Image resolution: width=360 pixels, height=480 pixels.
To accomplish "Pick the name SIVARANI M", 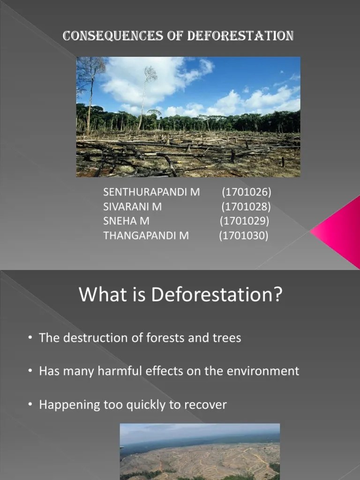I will pyautogui.click(x=133, y=206).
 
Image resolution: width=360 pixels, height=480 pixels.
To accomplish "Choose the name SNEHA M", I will pyautogui.click(x=127, y=221).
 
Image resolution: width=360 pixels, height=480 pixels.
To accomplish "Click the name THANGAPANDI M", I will pyautogui.click(x=146, y=235).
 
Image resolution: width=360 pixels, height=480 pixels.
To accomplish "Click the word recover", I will pyautogui.click(x=206, y=405).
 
